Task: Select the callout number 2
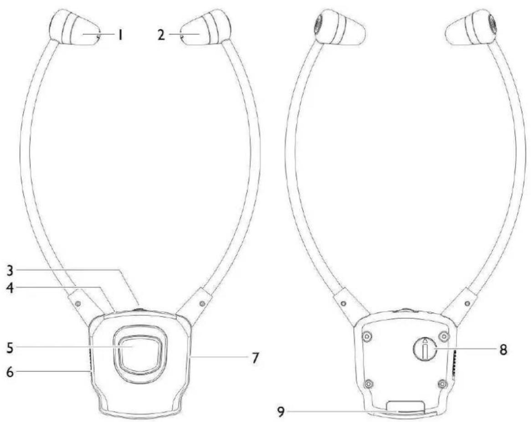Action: pos(161,35)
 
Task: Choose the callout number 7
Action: pos(255,357)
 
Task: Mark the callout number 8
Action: pos(504,349)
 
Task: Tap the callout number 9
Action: pos(281,412)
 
